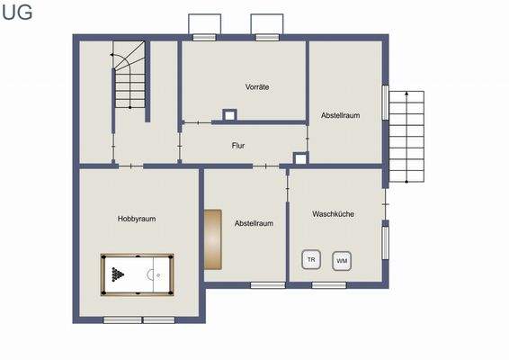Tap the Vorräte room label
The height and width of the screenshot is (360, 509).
(258, 86)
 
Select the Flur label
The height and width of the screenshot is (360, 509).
(237, 145)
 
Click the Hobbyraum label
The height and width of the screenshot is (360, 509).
(136, 219)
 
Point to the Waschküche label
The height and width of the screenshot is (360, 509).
(332, 214)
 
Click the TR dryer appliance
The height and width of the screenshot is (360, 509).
(311, 259)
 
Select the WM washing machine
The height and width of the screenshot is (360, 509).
(341, 261)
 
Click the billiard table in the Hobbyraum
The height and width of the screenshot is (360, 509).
(137, 273)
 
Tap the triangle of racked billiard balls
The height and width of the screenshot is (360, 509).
(116, 274)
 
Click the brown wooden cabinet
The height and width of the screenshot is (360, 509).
(212, 239)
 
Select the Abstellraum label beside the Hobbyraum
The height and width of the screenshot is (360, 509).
(254, 223)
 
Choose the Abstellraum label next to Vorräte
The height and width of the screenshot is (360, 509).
(341, 115)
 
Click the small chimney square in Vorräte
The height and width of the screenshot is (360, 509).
(229, 114)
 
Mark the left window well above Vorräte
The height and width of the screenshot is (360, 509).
(205, 26)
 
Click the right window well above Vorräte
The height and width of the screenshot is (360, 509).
(266, 26)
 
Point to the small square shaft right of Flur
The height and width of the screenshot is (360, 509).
(300, 159)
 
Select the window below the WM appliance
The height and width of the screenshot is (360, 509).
(328, 285)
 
